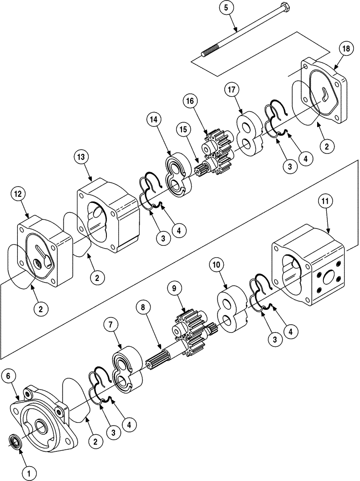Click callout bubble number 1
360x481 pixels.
(x=29, y=473)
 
